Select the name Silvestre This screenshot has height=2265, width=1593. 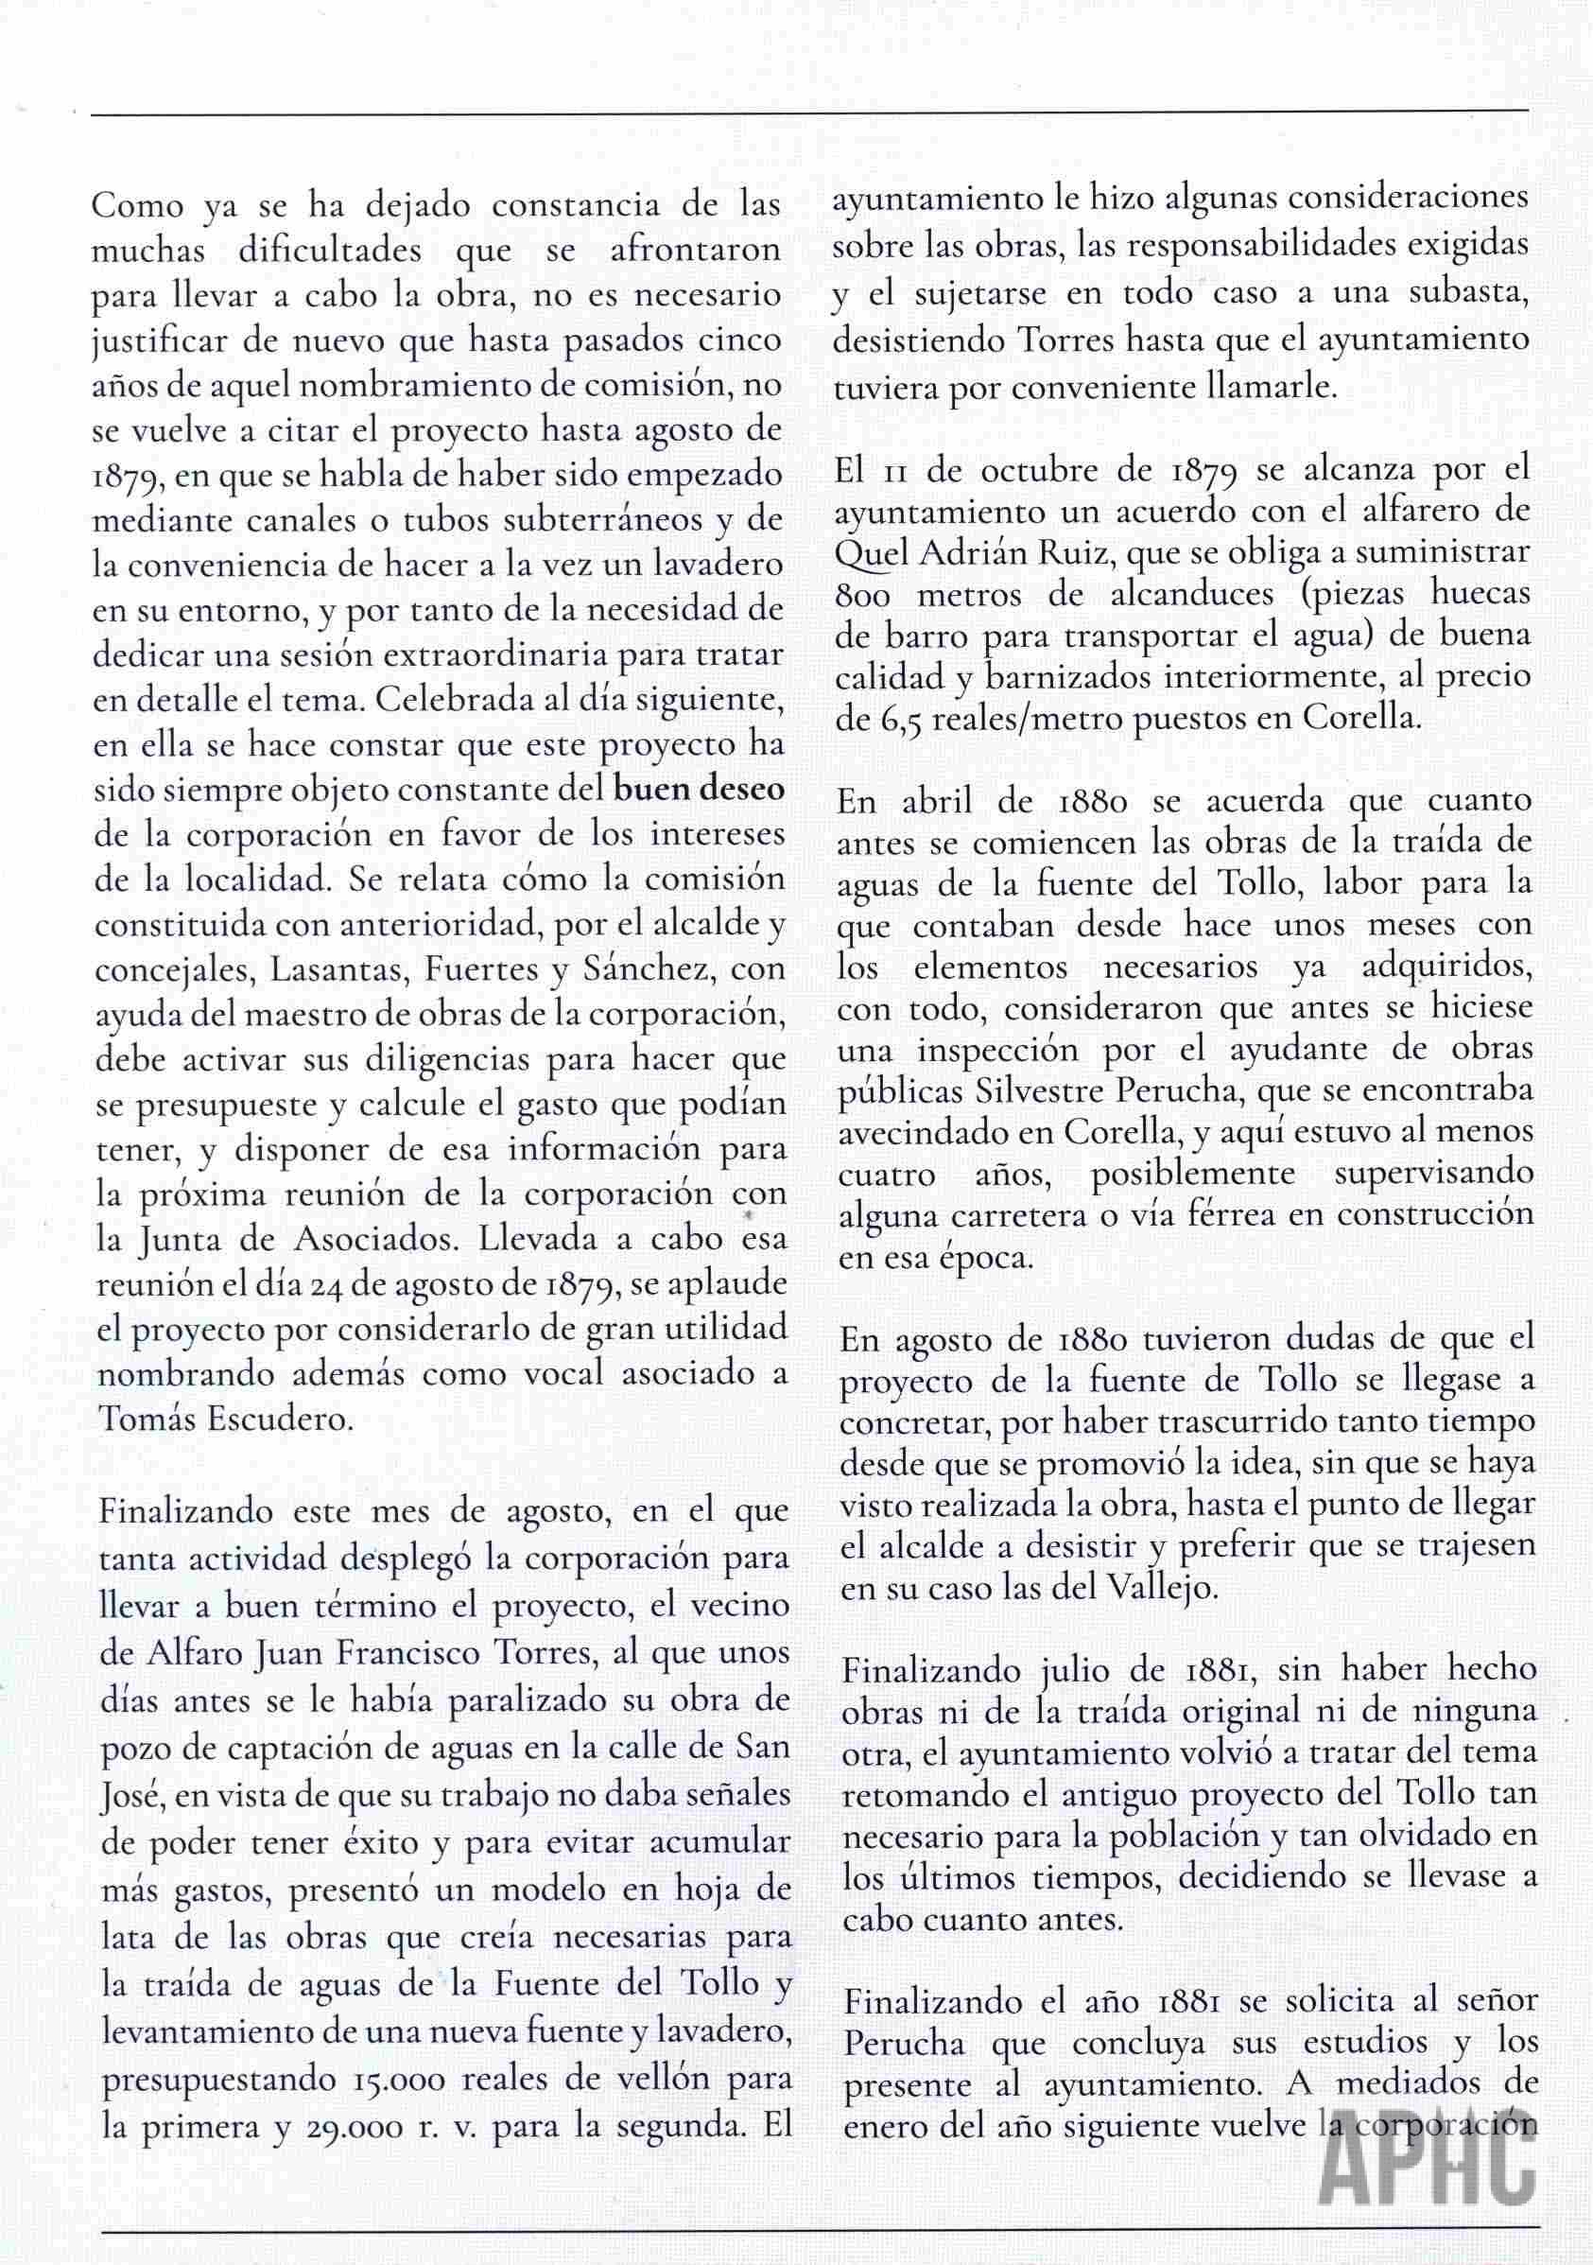pos(1037,1090)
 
